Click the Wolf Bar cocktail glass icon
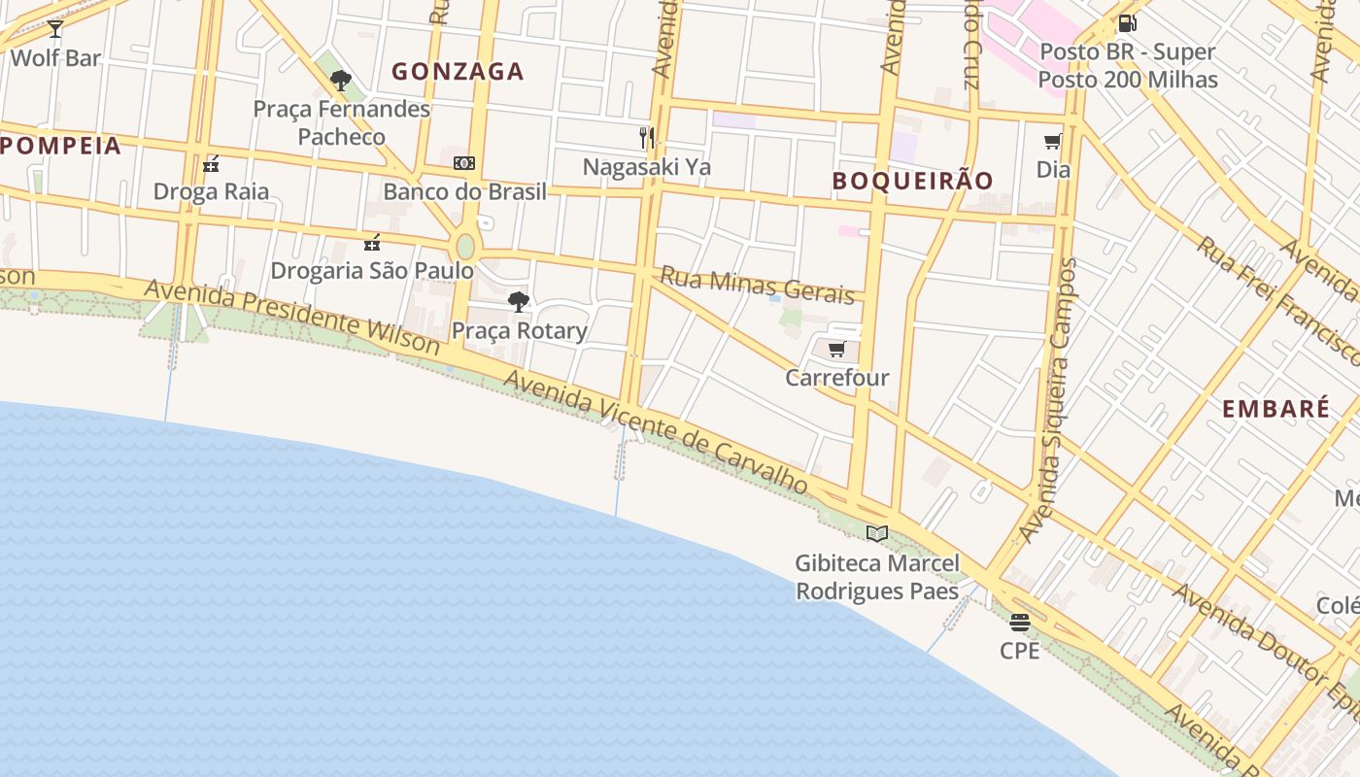pyautogui.click(x=55, y=29)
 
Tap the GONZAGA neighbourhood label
pyautogui.click(x=458, y=71)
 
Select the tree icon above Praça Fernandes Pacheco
pyautogui.click(x=340, y=81)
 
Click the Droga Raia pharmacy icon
pyautogui.click(x=211, y=164)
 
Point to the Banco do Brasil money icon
pyautogui.click(x=464, y=163)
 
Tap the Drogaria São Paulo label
pyautogui.click(x=372, y=270)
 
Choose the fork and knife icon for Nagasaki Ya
pyautogui.click(x=647, y=137)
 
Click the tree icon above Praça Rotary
pyautogui.click(x=519, y=302)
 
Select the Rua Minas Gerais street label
pyautogui.click(x=757, y=286)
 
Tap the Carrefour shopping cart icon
pyautogui.click(x=836, y=350)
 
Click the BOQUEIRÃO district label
pyautogui.click(x=912, y=181)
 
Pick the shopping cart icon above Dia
pyautogui.click(x=1052, y=142)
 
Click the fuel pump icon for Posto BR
pyautogui.click(x=1127, y=23)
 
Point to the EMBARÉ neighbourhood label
pyautogui.click(x=1275, y=409)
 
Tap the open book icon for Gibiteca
pyautogui.click(x=877, y=533)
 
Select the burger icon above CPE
pyautogui.click(x=1019, y=623)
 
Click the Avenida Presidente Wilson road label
pyautogui.click(x=291, y=316)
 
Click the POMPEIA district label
pyautogui.click(x=60, y=147)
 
